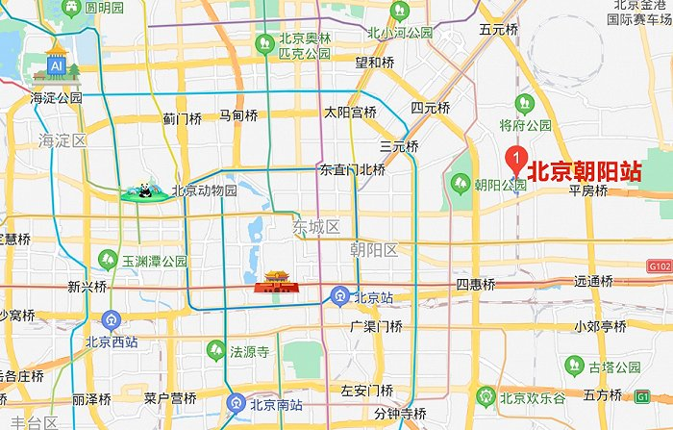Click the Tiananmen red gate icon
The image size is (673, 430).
click(x=270, y=281)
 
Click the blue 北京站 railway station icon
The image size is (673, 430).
click(x=338, y=297)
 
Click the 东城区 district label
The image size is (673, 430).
click(x=317, y=227)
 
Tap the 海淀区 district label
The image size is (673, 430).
click(x=62, y=141)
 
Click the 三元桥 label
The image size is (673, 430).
click(x=399, y=147)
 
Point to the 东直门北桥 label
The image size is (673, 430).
click(x=352, y=170)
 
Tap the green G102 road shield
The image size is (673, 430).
click(x=659, y=266)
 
